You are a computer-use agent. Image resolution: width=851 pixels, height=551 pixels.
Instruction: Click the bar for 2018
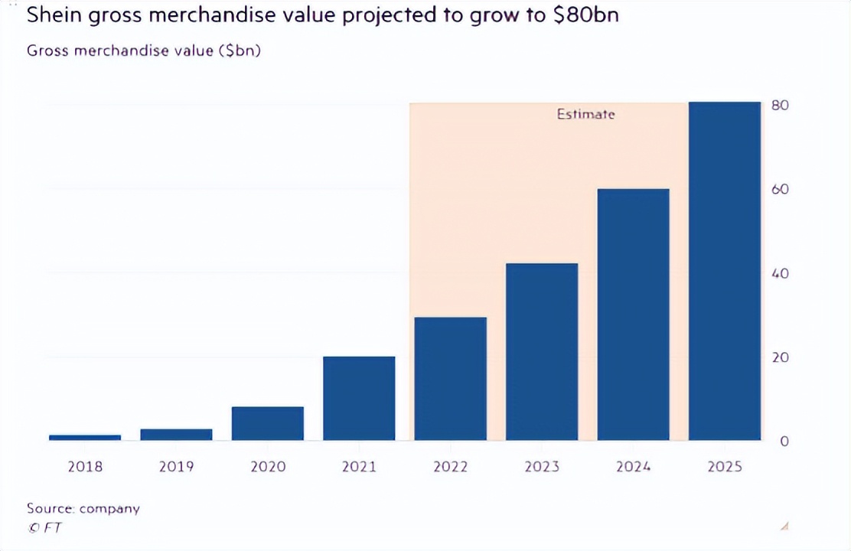click(x=85, y=438)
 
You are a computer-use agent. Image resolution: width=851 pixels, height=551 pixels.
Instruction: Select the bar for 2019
click(x=176, y=435)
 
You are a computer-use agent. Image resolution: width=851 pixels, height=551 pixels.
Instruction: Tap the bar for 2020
click(x=268, y=423)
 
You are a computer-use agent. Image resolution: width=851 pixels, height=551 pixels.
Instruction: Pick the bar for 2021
click(x=359, y=398)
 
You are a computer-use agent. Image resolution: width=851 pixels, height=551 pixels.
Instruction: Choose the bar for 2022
click(x=451, y=379)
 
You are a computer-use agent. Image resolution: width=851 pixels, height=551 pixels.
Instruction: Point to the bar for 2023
click(x=542, y=352)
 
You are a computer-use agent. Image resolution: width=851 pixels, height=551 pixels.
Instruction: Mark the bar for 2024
click(x=634, y=315)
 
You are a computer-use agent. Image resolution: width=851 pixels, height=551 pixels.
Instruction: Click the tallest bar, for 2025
click(x=725, y=271)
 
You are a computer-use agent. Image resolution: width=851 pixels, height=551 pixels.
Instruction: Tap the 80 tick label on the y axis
click(x=780, y=106)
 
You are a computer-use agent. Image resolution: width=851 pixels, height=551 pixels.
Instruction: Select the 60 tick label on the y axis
click(x=780, y=189)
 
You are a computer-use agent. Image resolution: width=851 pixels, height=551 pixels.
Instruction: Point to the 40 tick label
click(x=780, y=273)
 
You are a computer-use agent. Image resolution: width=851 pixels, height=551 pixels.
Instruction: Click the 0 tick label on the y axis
click(x=784, y=442)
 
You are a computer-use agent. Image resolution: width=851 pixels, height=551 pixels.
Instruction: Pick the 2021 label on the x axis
click(x=359, y=466)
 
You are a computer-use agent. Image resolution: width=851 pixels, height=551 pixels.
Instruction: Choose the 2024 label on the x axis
click(x=634, y=466)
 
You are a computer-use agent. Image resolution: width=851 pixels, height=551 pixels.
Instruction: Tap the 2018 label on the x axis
click(x=85, y=466)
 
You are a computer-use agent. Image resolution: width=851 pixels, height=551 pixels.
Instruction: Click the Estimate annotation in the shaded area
click(x=585, y=115)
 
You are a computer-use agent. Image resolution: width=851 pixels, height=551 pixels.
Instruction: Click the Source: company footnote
click(x=83, y=508)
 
